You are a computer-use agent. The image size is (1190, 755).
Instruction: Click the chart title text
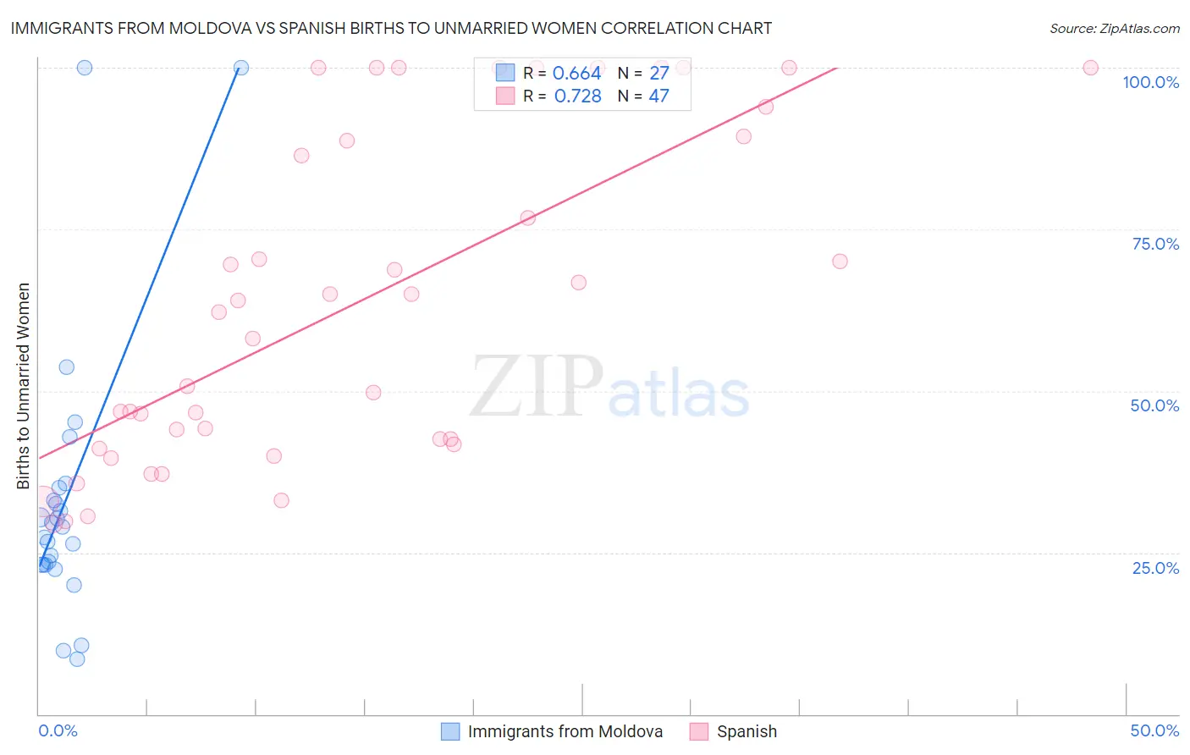(391, 28)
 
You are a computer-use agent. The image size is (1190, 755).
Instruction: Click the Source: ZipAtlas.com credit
(1114, 28)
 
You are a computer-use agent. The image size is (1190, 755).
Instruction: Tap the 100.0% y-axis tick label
(1150, 82)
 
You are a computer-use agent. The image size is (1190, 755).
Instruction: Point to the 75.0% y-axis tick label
(1155, 244)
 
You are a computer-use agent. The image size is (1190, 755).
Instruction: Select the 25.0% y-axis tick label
(1155, 568)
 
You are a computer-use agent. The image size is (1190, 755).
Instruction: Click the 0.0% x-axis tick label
(58, 730)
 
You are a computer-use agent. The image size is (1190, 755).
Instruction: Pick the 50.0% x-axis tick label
(1154, 730)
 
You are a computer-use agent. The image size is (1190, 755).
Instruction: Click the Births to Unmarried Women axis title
(24, 386)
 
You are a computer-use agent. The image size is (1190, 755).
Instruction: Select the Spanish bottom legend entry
(746, 731)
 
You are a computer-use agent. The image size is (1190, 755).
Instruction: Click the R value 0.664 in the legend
(576, 74)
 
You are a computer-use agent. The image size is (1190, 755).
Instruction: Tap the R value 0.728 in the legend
(577, 96)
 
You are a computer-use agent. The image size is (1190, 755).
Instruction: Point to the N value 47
(658, 96)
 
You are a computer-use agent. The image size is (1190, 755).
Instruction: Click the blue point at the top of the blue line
(241, 68)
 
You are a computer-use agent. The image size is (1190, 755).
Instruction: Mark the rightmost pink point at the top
(1090, 68)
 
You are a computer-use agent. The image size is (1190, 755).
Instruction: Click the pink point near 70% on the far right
(840, 262)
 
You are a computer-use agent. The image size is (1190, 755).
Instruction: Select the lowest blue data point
(77, 659)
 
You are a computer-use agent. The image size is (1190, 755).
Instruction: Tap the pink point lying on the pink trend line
(527, 218)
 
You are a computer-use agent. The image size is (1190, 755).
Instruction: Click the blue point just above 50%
(67, 367)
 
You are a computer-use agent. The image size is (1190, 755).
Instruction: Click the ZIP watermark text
(536, 387)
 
